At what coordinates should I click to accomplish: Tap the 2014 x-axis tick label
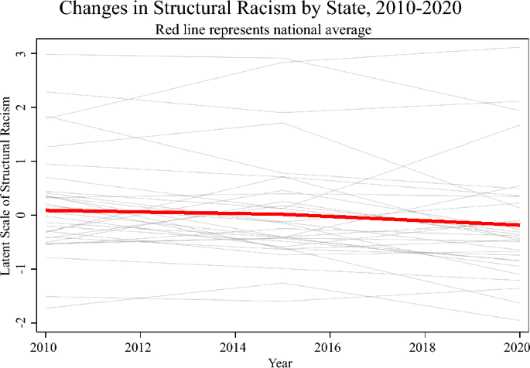coord(233,347)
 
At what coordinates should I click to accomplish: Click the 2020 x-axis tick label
coord(517,347)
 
